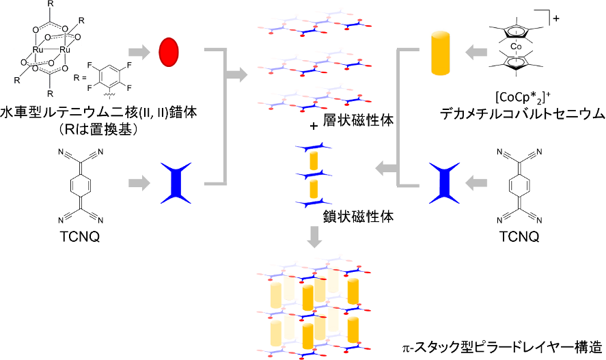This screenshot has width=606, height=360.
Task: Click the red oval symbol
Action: (x=169, y=52)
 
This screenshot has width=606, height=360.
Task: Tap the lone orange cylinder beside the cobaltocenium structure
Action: (x=440, y=53)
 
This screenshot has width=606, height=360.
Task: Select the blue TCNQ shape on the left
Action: (x=176, y=183)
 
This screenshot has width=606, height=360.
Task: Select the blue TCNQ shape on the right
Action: (x=445, y=183)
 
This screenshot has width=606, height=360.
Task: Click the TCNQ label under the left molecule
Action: (x=80, y=236)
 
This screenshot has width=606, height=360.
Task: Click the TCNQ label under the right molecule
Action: (x=519, y=236)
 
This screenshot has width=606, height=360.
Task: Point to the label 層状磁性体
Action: (x=358, y=120)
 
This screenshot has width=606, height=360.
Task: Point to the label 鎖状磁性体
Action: (x=358, y=217)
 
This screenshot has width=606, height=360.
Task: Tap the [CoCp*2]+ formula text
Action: (x=523, y=97)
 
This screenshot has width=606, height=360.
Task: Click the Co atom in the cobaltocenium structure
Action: (x=516, y=46)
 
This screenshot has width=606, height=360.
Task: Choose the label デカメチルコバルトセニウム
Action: (x=523, y=114)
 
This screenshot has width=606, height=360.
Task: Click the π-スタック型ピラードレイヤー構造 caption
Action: (x=502, y=347)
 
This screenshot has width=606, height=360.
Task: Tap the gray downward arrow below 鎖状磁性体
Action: (x=314, y=236)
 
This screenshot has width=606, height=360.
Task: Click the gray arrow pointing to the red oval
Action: (x=139, y=52)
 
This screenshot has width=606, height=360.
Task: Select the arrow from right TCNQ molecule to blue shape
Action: (x=476, y=183)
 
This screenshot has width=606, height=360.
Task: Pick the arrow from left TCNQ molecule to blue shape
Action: (x=139, y=183)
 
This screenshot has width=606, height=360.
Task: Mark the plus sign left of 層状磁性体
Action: (x=314, y=126)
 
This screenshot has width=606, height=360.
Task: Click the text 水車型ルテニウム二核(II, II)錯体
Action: (x=98, y=113)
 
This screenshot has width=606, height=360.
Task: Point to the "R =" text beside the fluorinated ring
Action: (x=80, y=77)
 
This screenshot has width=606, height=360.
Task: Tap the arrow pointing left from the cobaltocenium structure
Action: (x=476, y=52)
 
